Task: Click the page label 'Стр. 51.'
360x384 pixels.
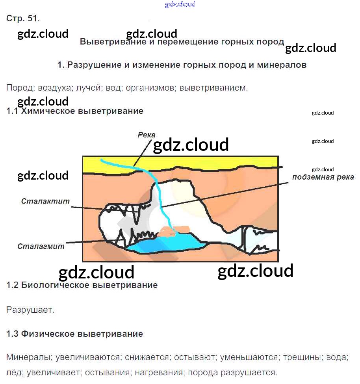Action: (x=23, y=19)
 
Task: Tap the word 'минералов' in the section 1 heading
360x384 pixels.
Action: (x=282, y=65)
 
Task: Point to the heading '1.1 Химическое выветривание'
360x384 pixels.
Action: (x=75, y=111)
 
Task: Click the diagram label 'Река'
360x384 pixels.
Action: (x=147, y=135)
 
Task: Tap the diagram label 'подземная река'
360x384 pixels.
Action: (x=323, y=177)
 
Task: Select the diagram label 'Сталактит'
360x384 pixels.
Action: (x=45, y=201)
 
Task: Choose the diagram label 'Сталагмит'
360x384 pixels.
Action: (x=41, y=247)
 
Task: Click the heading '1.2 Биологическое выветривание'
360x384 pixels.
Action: (x=82, y=285)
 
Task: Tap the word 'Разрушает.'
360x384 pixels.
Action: (x=30, y=310)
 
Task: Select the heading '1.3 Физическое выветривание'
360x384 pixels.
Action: (x=74, y=334)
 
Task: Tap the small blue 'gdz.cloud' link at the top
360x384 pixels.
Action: (x=180, y=5)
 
